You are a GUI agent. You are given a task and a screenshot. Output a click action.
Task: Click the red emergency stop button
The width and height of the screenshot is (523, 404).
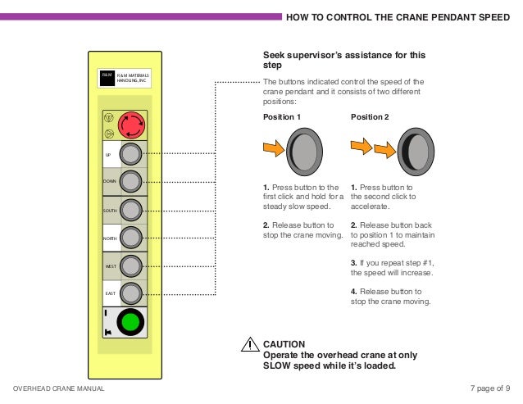pos(131,125)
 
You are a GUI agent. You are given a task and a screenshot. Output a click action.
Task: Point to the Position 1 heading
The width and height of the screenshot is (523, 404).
pos(281,117)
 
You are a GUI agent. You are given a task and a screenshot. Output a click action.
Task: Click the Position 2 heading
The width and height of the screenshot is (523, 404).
pos(371,117)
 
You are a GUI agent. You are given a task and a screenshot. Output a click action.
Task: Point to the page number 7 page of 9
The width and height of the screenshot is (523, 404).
pos(490,388)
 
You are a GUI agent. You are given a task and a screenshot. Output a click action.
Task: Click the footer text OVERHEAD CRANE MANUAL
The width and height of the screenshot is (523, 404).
pos(58,388)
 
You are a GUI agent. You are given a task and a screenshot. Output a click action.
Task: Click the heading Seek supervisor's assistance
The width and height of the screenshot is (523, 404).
pos(343,60)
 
